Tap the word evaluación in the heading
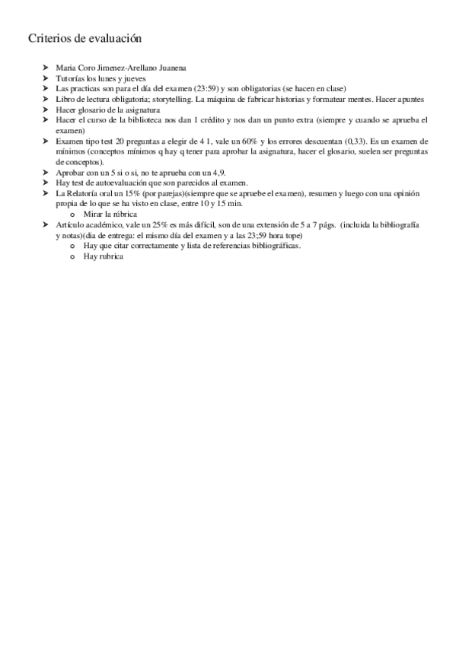[x=113, y=38]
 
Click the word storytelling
[x=173, y=100]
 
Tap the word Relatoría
[x=84, y=194]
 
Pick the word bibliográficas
[x=273, y=246]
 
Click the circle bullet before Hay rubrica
[x=73, y=257]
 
